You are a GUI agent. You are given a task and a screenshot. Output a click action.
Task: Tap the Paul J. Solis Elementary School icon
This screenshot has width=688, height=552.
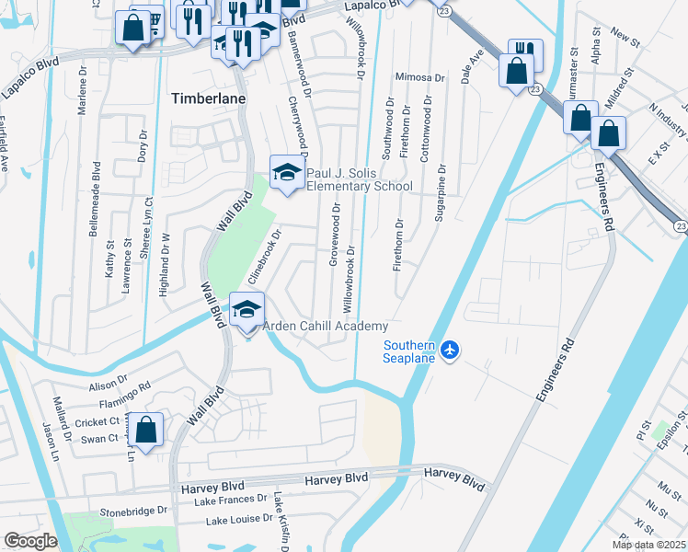pos(287,172)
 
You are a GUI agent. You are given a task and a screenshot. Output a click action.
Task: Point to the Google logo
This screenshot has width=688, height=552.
pos(30,541)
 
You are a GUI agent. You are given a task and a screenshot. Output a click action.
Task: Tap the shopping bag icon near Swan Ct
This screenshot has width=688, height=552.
pos(145,430)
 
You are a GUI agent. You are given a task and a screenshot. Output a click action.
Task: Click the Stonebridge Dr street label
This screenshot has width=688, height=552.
pos(134,508)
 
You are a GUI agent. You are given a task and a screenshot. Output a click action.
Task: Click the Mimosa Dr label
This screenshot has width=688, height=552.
pos(419,78)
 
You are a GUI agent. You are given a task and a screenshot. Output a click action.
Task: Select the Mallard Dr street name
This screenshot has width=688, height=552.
pos(64,416)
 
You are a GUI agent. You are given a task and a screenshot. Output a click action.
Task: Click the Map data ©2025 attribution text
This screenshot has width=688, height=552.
pos(648,545)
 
